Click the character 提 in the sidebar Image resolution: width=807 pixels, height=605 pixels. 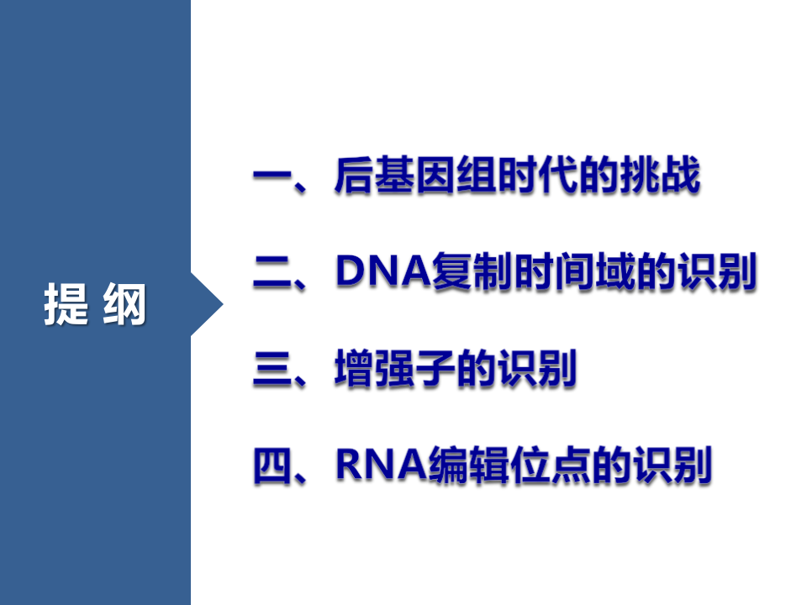pyautogui.click(x=66, y=304)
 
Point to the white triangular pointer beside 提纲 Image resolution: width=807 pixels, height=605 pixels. pyautogui.click(x=206, y=304)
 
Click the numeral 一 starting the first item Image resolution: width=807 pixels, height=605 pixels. pyautogui.click(x=272, y=178)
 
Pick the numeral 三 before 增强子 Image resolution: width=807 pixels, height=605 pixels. pyautogui.click(x=272, y=370)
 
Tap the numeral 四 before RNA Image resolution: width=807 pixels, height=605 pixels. pyautogui.click(x=272, y=466)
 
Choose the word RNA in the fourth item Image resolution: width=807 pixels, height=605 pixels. pyautogui.click(x=380, y=466)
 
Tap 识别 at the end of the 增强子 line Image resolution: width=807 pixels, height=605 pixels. pyautogui.click(x=536, y=370)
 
